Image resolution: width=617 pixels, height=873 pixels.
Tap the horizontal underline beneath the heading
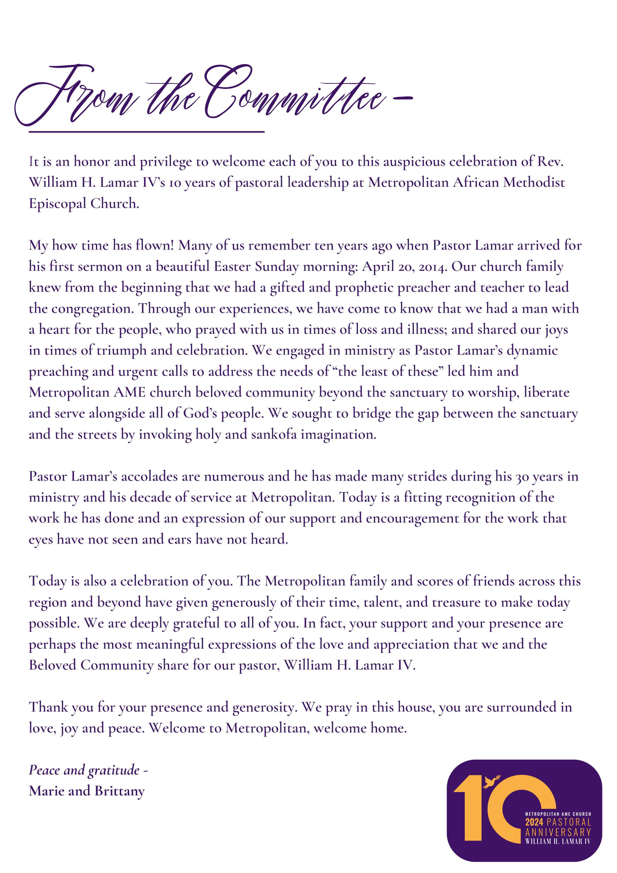click(146, 132)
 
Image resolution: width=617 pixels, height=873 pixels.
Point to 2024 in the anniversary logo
click(534, 822)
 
